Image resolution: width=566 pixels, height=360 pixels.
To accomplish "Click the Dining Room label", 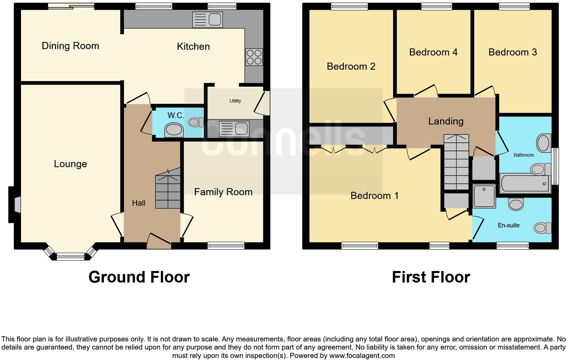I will tap(70, 46).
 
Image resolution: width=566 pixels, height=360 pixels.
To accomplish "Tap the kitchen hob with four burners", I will tap(254, 57).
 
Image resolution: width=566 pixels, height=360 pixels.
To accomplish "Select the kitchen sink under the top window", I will tap(207, 20).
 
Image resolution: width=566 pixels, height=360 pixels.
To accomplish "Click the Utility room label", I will tap(235, 101).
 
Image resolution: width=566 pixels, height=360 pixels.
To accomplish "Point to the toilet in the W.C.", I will tap(196, 122).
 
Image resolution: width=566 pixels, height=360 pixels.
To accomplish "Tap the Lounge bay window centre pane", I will tap(70, 257).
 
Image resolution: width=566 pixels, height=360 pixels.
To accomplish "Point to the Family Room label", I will tap(223, 192).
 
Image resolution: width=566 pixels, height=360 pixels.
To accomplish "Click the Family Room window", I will tap(226, 246).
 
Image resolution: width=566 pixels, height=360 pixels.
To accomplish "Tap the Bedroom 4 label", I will tap(433, 52).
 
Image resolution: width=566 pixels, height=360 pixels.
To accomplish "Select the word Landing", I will tap(445, 121).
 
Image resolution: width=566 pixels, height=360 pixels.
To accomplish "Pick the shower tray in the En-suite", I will tap(484, 196).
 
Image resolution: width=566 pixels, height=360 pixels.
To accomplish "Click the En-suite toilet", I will tap(542, 228).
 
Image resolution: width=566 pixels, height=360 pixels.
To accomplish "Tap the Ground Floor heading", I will tap(139, 277).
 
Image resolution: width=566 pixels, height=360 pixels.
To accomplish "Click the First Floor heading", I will tap(431, 277).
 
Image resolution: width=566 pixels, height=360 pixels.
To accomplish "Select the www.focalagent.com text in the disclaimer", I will tap(362, 356).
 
